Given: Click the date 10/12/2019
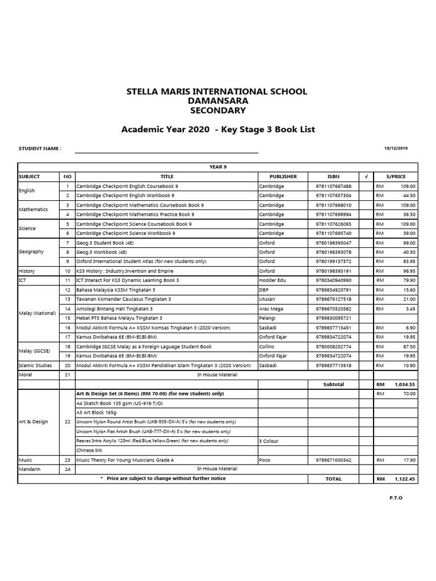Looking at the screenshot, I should (x=396, y=148).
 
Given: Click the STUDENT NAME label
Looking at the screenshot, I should (x=40, y=149).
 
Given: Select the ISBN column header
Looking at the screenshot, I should (x=333, y=176).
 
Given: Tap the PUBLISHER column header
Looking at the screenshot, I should (x=283, y=176).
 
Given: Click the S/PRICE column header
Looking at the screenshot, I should (x=396, y=176).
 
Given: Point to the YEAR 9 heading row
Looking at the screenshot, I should (x=217, y=167).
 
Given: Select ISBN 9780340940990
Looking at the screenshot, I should (x=333, y=280).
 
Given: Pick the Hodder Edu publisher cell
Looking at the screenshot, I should (x=272, y=280).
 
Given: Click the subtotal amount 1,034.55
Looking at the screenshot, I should (x=405, y=384).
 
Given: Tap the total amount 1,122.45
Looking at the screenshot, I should (x=405, y=479).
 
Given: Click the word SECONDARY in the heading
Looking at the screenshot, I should (x=217, y=110).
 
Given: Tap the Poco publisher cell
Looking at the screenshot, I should (x=265, y=460).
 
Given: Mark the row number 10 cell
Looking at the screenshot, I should (x=68, y=271).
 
